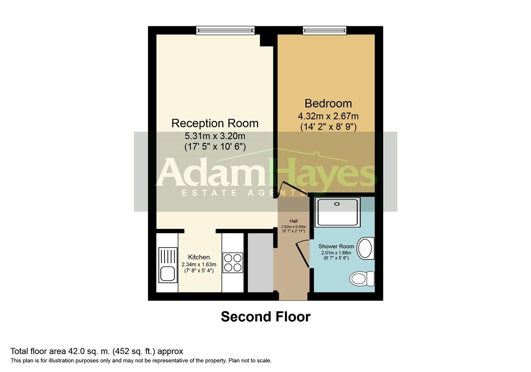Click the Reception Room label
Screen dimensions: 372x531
(215, 123)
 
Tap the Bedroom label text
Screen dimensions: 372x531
(328, 103)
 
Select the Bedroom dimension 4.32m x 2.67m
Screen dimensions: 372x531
(328, 116)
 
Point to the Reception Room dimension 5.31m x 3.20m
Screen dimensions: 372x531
(215, 136)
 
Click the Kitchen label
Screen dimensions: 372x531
(199, 257)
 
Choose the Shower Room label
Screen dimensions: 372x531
(336, 246)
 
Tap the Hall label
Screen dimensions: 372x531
(293, 221)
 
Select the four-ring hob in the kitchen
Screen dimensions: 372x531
(233, 262)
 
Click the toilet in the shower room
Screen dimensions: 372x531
(361, 278)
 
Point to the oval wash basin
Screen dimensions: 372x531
(365, 248)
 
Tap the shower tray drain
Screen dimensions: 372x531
(337, 204)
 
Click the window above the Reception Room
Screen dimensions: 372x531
(225, 31)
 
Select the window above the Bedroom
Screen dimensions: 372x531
(325, 31)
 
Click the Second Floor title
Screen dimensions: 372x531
(265, 317)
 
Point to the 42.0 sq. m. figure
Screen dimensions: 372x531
(88, 351)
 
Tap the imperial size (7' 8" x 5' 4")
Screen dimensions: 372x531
(199, 271)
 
